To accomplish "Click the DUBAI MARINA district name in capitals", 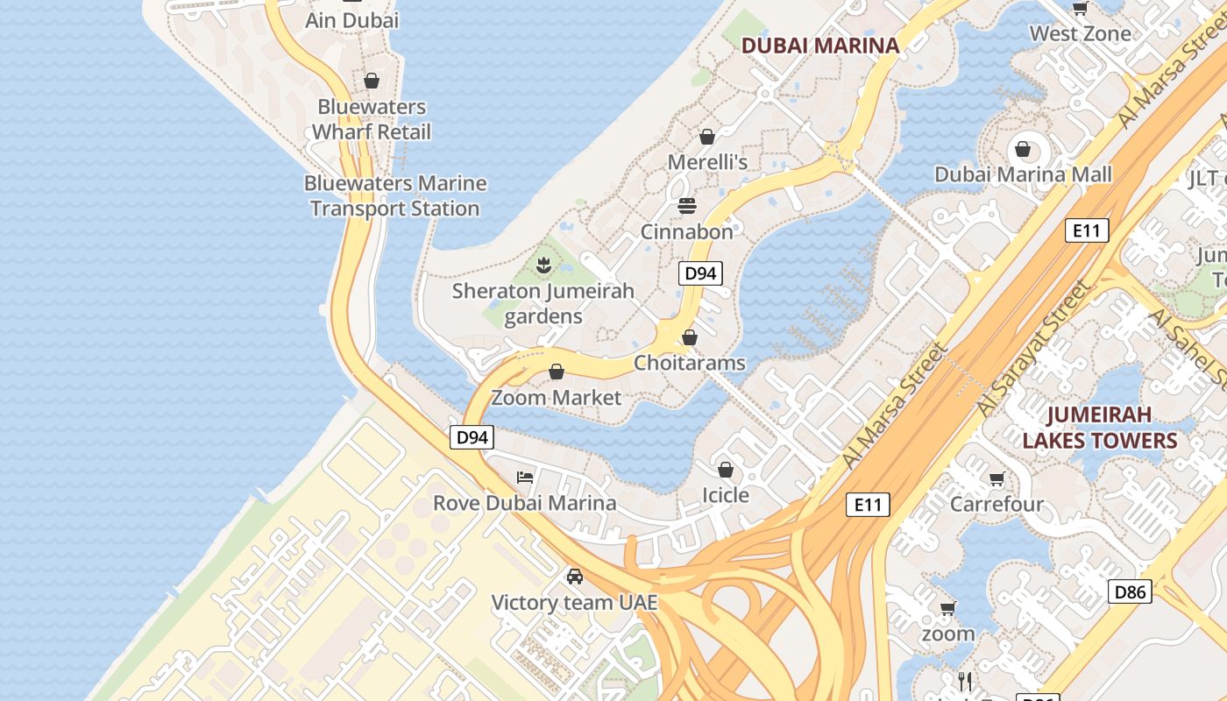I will point(820,46).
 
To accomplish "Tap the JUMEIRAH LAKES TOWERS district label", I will point(1099,427).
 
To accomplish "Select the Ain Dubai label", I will point(351,20).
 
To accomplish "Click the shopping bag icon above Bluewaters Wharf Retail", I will point(372,81).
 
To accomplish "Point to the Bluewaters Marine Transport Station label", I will point(395,195).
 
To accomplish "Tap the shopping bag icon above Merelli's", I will point(707,137).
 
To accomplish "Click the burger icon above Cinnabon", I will point(687,206).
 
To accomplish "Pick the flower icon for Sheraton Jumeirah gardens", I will point(543,264).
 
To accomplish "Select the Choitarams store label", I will point(690,363).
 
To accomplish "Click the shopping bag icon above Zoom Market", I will point(556,372).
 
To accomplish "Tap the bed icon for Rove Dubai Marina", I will point(525,478).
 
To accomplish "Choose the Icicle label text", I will point(726,495).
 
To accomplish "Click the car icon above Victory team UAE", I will point(574,577).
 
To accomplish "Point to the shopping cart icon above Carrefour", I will point(996,478).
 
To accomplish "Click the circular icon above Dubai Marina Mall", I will point(1023,148).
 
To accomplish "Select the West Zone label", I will point(1080,34).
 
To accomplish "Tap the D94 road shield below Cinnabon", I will point(699,273).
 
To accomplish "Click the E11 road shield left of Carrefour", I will point(868,505).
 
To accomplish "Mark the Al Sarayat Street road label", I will point(1035,349).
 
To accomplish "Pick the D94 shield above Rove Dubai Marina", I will point(472,437).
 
